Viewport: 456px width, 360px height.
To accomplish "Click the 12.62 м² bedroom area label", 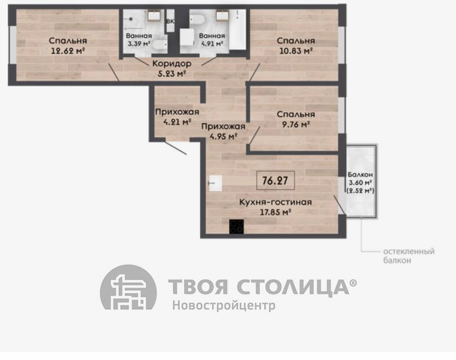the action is coord(68,51).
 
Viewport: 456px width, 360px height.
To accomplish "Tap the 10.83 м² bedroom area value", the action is coord(296,51).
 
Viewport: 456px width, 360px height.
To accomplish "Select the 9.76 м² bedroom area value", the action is coord(296,124).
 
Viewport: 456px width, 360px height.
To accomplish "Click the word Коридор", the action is coord(172,63).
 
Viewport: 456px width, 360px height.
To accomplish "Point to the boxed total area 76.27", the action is coord(276,181).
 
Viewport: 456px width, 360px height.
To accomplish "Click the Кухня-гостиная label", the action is coord(276,202).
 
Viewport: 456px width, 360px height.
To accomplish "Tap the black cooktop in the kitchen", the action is coord(237,227).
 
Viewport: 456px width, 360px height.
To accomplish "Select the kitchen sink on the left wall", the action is coord(216,183).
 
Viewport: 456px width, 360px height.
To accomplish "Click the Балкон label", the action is coord(360,175).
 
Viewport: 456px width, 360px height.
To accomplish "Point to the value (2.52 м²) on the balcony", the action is coord(360,191).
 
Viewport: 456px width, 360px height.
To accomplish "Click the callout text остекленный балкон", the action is coord(409,255).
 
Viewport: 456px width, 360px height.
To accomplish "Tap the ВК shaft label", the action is coord(170,22).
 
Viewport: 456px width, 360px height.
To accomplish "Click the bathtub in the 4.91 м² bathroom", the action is coord(237,29).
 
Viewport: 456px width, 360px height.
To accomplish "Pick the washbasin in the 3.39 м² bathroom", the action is coord(152,15).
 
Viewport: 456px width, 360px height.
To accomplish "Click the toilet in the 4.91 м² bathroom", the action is coord(197,19).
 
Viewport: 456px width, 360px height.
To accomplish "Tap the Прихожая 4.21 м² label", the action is coord(177,117).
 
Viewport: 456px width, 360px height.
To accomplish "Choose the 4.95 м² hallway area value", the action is coord(224,136).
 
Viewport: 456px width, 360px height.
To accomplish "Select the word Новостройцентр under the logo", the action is coord(224,306).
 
